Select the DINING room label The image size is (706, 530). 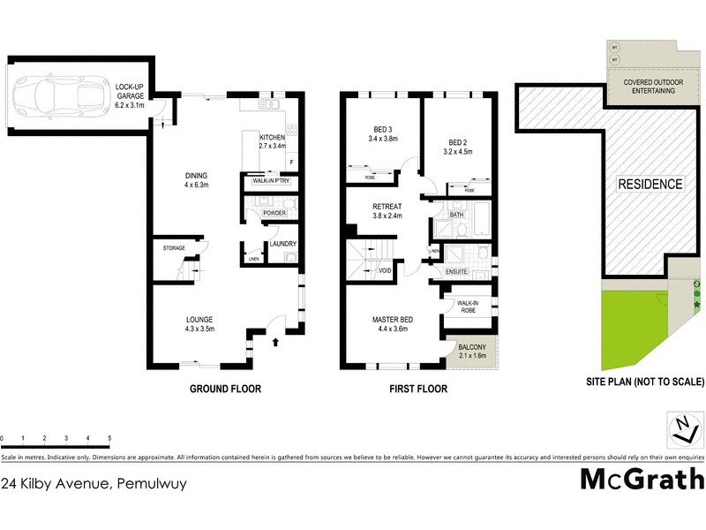click(x=194, y=175)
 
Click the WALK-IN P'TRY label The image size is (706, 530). click(x=271, y=181)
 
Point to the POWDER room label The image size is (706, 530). click(x=274, y=214)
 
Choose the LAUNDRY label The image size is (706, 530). click(x=282, y=244)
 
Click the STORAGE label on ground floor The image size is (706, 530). click(x=174, y=248)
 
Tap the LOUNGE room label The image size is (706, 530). click(x=199, y=320)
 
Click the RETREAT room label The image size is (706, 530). click(x=387, y=206)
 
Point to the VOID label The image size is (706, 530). click(x=385, y=270)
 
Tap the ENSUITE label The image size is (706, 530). click(x=456, y=271)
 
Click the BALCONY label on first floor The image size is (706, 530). click(x=473, y=346)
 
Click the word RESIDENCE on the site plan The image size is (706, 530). click(x=650, y=185)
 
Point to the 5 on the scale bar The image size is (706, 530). click(x=109, y=438)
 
